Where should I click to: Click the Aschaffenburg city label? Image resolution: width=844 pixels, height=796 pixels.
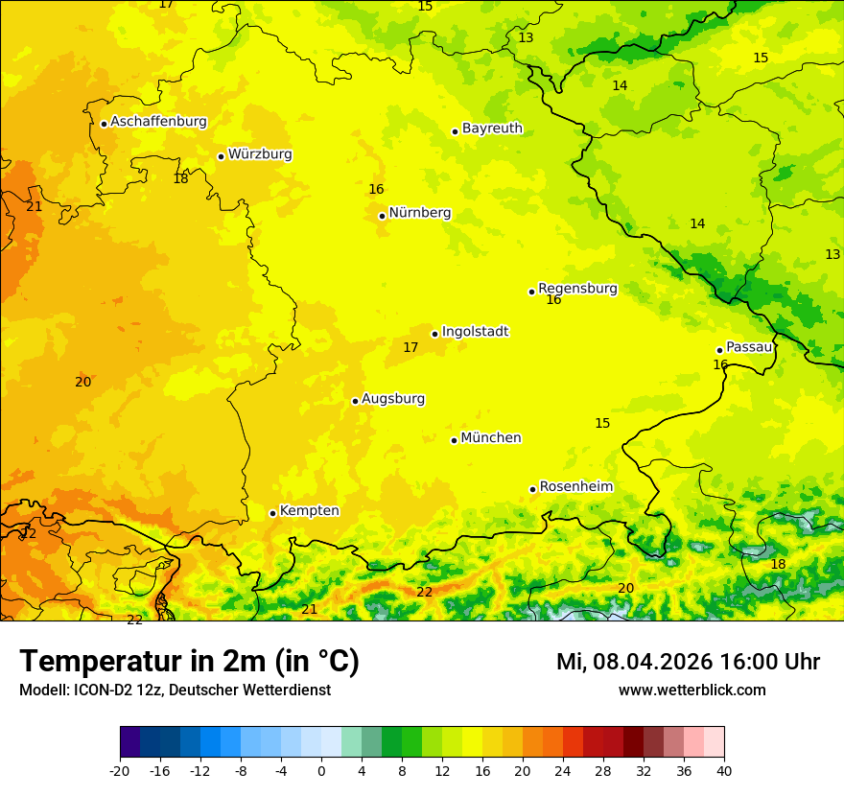(x=158, y=122)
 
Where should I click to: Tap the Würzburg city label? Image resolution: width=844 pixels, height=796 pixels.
(x=260, y=154)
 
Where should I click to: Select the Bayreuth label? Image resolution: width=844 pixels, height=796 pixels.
(x=492, y=129)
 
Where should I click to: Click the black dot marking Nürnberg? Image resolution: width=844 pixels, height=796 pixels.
(x=382, y=216)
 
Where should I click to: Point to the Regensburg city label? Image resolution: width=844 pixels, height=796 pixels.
(x=577, y=289)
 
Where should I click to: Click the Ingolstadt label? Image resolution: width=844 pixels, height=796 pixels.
(x=475, y=332)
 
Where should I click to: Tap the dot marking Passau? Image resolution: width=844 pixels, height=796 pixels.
(x=719, y=350)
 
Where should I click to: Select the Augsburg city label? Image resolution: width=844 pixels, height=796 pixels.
(x=393, y=399)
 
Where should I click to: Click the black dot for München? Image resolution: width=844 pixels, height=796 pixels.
(x=454, y=440)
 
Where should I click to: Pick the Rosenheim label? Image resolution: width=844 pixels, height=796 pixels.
(x=575, y=487)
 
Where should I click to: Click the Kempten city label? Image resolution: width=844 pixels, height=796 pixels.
(x=309, y=511)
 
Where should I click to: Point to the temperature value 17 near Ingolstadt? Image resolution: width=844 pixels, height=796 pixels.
(x=410, y=348)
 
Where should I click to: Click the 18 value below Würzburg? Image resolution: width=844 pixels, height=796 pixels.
(x=180, y=179)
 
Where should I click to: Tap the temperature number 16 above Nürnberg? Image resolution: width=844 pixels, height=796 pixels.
(x=376, y=190)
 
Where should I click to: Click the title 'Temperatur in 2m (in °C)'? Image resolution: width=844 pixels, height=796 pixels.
(x=189, y=662)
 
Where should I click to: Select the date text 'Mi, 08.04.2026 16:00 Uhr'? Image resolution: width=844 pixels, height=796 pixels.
(x=688, y=662)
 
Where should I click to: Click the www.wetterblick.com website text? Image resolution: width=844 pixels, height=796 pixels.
(x=692, y=691)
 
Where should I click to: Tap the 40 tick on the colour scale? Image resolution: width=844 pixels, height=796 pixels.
(x=724, y=770)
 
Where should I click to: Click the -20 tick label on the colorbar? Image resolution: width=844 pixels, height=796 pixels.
(x=120, y=770)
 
